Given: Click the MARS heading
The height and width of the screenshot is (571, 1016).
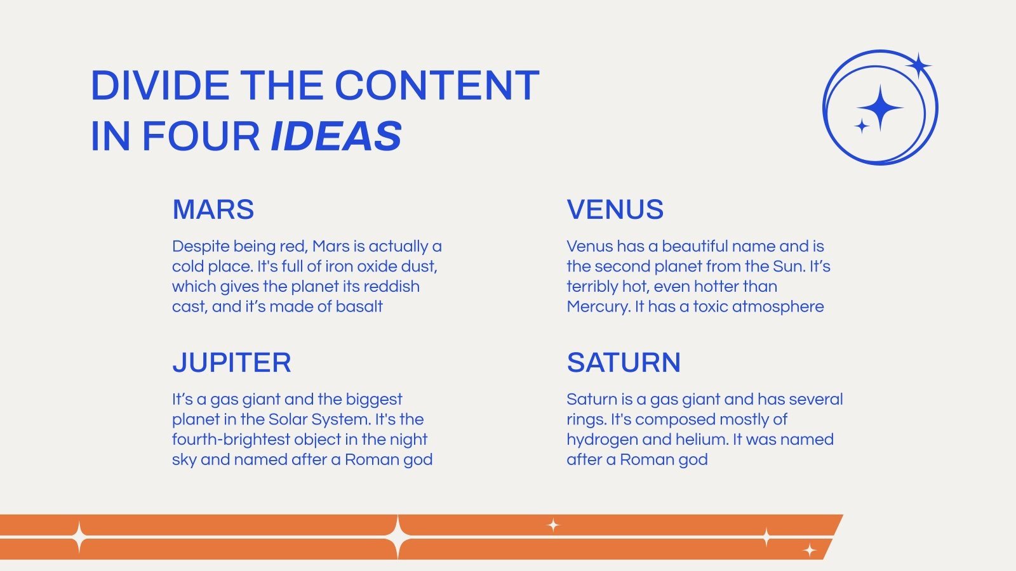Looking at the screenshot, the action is (x=213, y=209).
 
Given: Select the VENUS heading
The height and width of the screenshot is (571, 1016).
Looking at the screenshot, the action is (x=615, y=209).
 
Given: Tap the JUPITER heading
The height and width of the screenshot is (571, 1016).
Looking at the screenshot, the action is (x=231, y=362).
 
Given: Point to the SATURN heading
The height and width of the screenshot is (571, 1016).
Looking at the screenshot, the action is (x=624, y=362).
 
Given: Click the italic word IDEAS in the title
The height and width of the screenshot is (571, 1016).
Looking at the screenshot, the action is (x=336, y=136).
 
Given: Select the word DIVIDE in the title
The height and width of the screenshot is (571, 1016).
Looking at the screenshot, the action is (x=160, y=85).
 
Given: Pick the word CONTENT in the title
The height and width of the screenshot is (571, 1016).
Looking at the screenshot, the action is (x=437, y=85).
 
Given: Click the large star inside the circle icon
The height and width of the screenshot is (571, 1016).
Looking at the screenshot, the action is (x=880, y=108).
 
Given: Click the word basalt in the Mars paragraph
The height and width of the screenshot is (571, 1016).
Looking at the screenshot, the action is (x=359, y=307).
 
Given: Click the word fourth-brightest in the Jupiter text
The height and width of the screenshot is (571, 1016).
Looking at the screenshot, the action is (x=231, y=440).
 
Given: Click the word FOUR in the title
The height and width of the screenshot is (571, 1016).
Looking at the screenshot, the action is (x=201, y=136).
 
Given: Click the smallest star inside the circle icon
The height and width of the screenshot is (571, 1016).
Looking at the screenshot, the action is (x=862, y=126).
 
